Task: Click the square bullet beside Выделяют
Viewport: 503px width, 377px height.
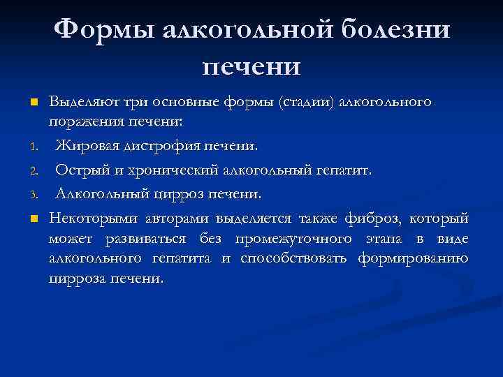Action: coord(33,103)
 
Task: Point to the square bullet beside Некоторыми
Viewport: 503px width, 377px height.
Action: coord(33,221)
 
